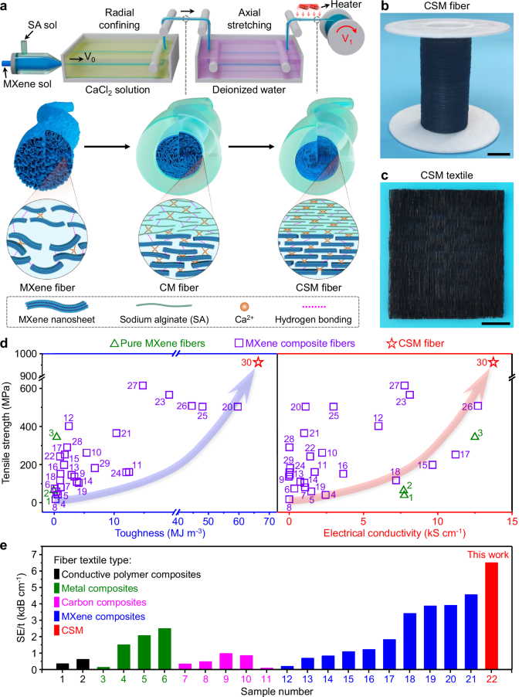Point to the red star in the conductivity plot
[x=493, y=362]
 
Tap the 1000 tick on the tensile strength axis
[x=29, y=353]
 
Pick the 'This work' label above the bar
[x=490, y=553]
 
